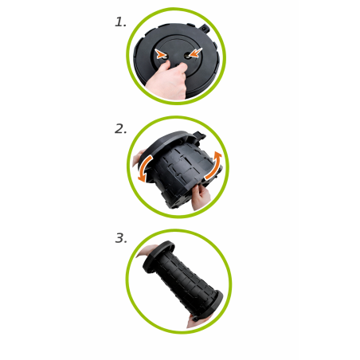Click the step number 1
point(120,22)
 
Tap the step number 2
point(120,129)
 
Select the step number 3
point(121,238)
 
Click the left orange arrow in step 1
point(160,54)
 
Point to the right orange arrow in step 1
point(195,53)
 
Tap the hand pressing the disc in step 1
point(168,80)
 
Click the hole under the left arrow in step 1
point(165,57)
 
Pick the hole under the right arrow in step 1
point(187,56)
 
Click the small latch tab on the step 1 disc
point(205,28)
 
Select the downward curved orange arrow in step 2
point(144,168)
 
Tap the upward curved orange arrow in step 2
point(214,165)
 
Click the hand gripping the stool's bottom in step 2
point(200,197)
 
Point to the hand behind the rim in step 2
point(138,158)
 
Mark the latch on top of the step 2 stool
point(200,135)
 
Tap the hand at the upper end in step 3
point(146,251)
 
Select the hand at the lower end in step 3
point(198,321)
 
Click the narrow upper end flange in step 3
point(158,256)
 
